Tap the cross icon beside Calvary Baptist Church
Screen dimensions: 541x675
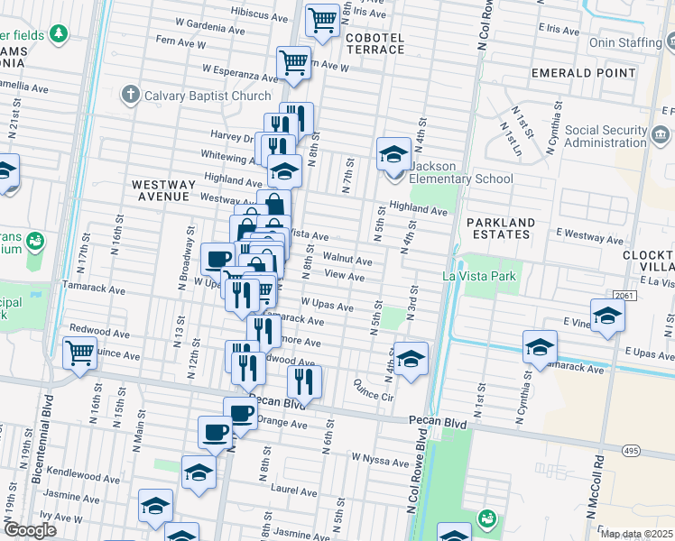[x=131, y=95]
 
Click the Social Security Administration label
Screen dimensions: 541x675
[x=606, y=136]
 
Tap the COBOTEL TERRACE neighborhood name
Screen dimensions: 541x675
[x=375, y=43]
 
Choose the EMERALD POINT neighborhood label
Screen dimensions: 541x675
[x=578, y=72]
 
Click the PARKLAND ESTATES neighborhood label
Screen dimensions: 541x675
[x=502, y=228]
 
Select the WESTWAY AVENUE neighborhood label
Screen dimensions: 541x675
[x=161, y=189]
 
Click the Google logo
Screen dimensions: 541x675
[x=30, y=530]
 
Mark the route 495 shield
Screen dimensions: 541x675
[x=630, y=449]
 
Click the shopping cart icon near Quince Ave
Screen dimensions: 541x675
[x=79, y=352]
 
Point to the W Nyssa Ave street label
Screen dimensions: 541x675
[x=380, y=462]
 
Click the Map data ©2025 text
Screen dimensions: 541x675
[x=636, y=534]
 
